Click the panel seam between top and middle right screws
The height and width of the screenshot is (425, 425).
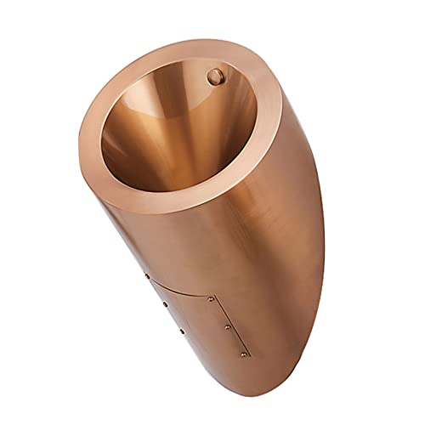[224, 312]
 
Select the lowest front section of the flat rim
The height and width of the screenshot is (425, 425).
[170, 204]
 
